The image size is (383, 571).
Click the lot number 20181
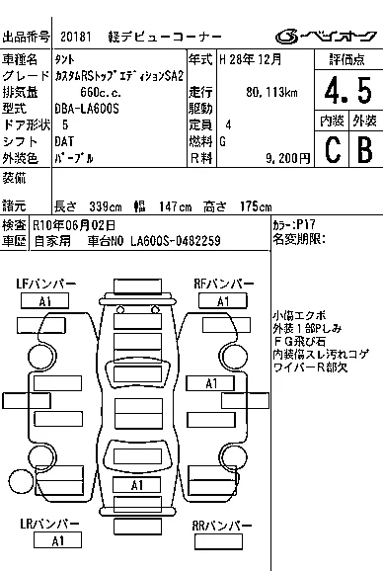click(x=76, y=37)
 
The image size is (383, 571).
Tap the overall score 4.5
click(x=348, y=90)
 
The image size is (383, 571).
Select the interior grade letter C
click(x=333, y=150)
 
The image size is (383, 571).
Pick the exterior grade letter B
click(x=365, y=150)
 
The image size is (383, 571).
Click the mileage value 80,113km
click(x=271, y=92)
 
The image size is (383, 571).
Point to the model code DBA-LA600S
click(x=87, y=109)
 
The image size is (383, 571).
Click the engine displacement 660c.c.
click(x=101, y=92)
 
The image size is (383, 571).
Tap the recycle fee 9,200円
click(x=287, y=158)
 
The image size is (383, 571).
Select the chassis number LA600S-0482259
click(x=176, y=241)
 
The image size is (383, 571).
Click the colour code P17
click(x=306, y=224)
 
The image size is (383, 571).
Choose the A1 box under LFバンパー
click(x=44, y=301)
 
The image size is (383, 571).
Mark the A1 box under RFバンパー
click(x=223, y=301)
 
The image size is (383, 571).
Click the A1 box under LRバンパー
click(x=57, y=540)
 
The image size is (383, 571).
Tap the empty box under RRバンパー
click(x=218, y=541)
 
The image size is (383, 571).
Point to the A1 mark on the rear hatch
click(x=137, y=485)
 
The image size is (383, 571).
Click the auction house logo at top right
click(x=326, y=37)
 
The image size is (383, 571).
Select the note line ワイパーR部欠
click(x=310, y=367)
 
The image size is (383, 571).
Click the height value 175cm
click(x=256, y=206)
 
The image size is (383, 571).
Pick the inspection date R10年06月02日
click(x=74, y=225)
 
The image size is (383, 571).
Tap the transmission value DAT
click(x=64, y=141)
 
